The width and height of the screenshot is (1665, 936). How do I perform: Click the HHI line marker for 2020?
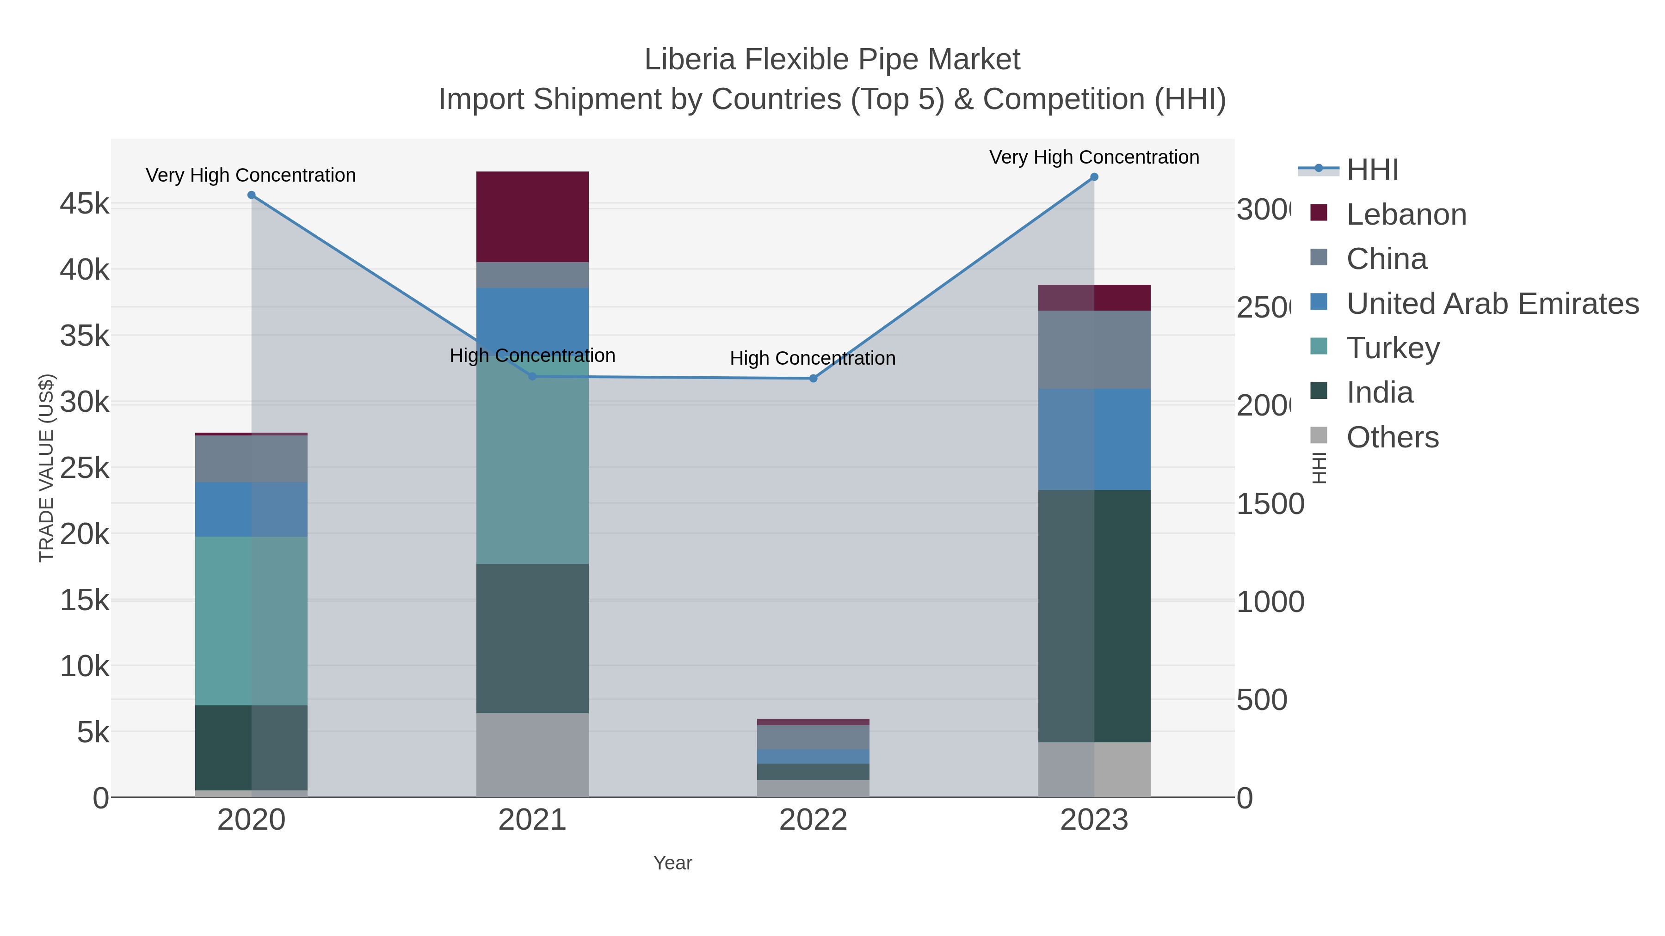click(252, 195)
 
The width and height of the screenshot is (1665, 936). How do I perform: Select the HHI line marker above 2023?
click(1094, 177)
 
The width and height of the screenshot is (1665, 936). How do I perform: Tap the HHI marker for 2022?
click(813, 379)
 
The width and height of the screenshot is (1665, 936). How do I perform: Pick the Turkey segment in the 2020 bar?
click(252, 620)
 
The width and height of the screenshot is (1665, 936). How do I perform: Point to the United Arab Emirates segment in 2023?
click(1094, 439)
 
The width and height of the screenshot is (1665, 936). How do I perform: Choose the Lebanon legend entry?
click(1406, 214)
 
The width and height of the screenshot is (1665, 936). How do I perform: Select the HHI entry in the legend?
click(1372, 170)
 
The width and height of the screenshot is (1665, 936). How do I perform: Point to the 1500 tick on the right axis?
click(1270, 504)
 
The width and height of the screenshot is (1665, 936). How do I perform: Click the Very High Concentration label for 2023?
click(1094, 157)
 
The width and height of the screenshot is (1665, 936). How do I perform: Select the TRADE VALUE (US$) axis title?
click(47, 468)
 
